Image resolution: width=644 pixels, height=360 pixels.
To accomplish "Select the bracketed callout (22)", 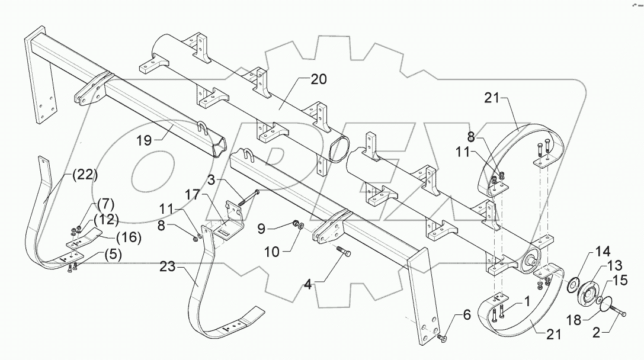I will (x=84, y=175).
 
